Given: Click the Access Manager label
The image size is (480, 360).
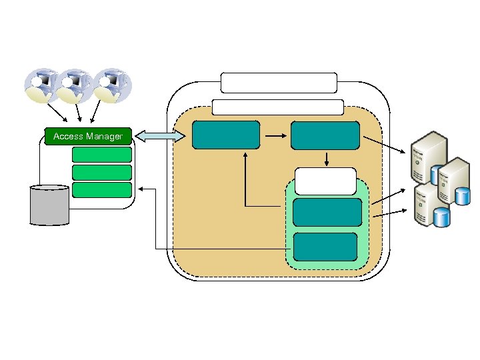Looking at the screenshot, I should click(88, 136).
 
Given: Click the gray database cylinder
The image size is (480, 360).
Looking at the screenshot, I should click(49, 205).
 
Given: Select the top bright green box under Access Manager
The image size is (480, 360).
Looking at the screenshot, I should click(102, 155).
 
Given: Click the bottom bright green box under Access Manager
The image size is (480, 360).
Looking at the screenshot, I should click(102, 190).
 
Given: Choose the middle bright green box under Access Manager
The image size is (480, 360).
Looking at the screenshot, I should click(102, 172).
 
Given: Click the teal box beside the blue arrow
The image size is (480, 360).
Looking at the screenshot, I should click(226, 135).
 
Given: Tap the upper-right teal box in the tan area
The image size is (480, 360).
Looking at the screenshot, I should click(325, 135).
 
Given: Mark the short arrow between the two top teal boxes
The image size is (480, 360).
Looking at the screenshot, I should click(275, 135).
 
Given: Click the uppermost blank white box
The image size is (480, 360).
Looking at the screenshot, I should click(279, 83).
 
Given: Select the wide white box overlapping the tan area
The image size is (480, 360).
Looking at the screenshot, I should click(277, 107).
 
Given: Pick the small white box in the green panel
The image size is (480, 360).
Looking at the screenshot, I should click(325, 181).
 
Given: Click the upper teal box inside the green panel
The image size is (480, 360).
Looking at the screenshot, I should click(327, 213).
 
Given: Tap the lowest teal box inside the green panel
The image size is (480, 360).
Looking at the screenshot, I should click(326, 246).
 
